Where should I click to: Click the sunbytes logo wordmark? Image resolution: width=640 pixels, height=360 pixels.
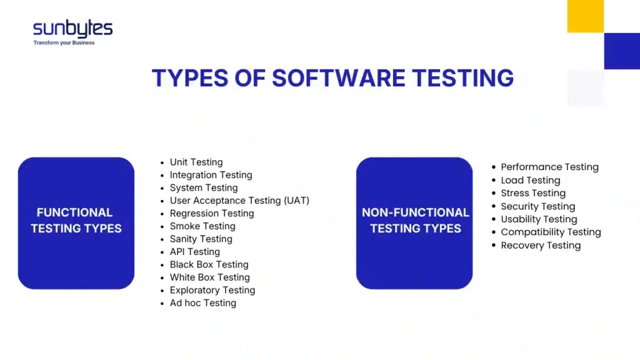tap(72, 29)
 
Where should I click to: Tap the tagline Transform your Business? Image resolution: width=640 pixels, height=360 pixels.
tap(64, 43)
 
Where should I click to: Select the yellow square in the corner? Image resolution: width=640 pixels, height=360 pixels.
tap(585, 16)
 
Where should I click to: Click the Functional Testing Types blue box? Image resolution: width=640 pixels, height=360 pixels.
tap(76, 223)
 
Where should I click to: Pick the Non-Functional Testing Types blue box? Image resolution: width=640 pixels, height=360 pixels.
tap(415, 223)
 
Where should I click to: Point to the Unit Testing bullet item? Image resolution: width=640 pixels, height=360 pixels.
tap(196, 162)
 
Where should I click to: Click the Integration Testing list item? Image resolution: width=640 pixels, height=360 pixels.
tap(211, 175)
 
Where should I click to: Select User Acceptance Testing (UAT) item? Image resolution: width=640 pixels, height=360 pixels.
tap(239, 201)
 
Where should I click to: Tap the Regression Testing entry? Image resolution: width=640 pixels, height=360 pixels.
tap(212, 213)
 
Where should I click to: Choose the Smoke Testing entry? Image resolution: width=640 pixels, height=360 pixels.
tap(202, 226)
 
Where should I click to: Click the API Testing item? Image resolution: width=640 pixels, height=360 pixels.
tap(195, 252)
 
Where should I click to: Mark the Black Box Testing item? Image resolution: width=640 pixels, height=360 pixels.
tap(209, 264)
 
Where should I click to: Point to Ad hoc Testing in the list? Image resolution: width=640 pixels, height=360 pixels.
tap(203, 303)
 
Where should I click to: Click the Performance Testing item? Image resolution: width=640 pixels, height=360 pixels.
tap(549, 167)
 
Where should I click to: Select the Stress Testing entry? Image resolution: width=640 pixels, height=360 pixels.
tap(533, 193)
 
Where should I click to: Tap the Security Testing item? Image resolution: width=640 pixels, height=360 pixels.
tap(537, 206)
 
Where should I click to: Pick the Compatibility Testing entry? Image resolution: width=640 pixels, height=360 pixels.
tap(551, 232)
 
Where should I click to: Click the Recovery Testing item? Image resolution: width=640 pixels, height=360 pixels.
tap(541, 245)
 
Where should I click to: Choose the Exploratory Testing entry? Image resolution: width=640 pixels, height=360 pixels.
tap(212, 290)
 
